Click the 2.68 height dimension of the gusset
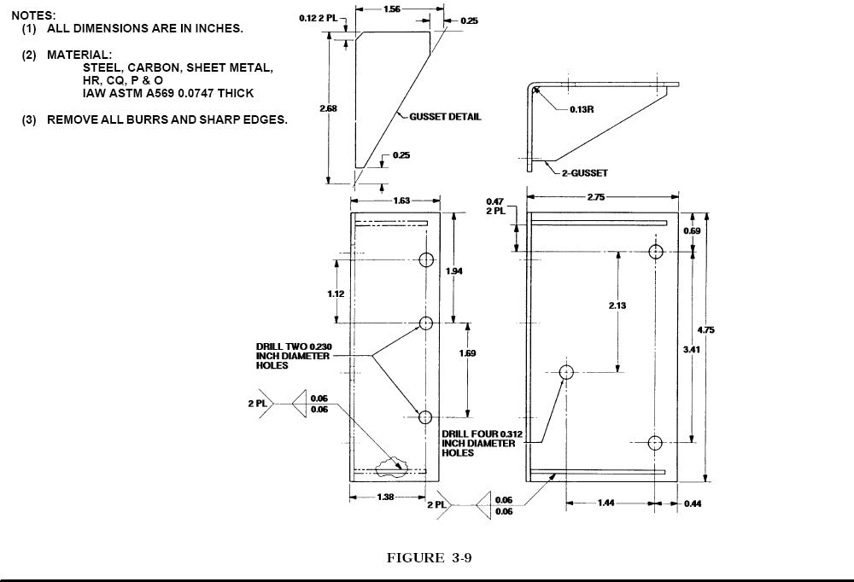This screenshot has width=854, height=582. click(328, 108)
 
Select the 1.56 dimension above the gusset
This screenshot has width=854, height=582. click(392, 9)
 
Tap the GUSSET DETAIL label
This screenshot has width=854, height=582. click(445, 117)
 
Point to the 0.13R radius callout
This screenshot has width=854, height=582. click(582, 109)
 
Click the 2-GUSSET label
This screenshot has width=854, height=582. click(585, 173)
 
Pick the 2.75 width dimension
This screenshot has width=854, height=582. click(596, 196)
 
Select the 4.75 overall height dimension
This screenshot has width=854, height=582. click(706, 330)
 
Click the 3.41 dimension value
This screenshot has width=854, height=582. click(692, 350)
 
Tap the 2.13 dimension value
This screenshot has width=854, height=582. click(617, 306)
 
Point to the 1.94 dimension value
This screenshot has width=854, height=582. click(453, 271)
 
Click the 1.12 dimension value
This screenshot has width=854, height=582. click(336, 294)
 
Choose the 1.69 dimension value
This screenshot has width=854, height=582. click(467, 353)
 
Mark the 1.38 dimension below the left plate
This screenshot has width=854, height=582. click(385, 497)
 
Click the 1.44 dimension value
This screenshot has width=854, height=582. click(606, 503)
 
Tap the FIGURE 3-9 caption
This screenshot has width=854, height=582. click(430, 558)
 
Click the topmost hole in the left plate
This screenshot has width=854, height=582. click(426, 259)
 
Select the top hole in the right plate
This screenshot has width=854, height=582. click(656, 252)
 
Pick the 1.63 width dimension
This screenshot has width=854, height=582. click(401, 201)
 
